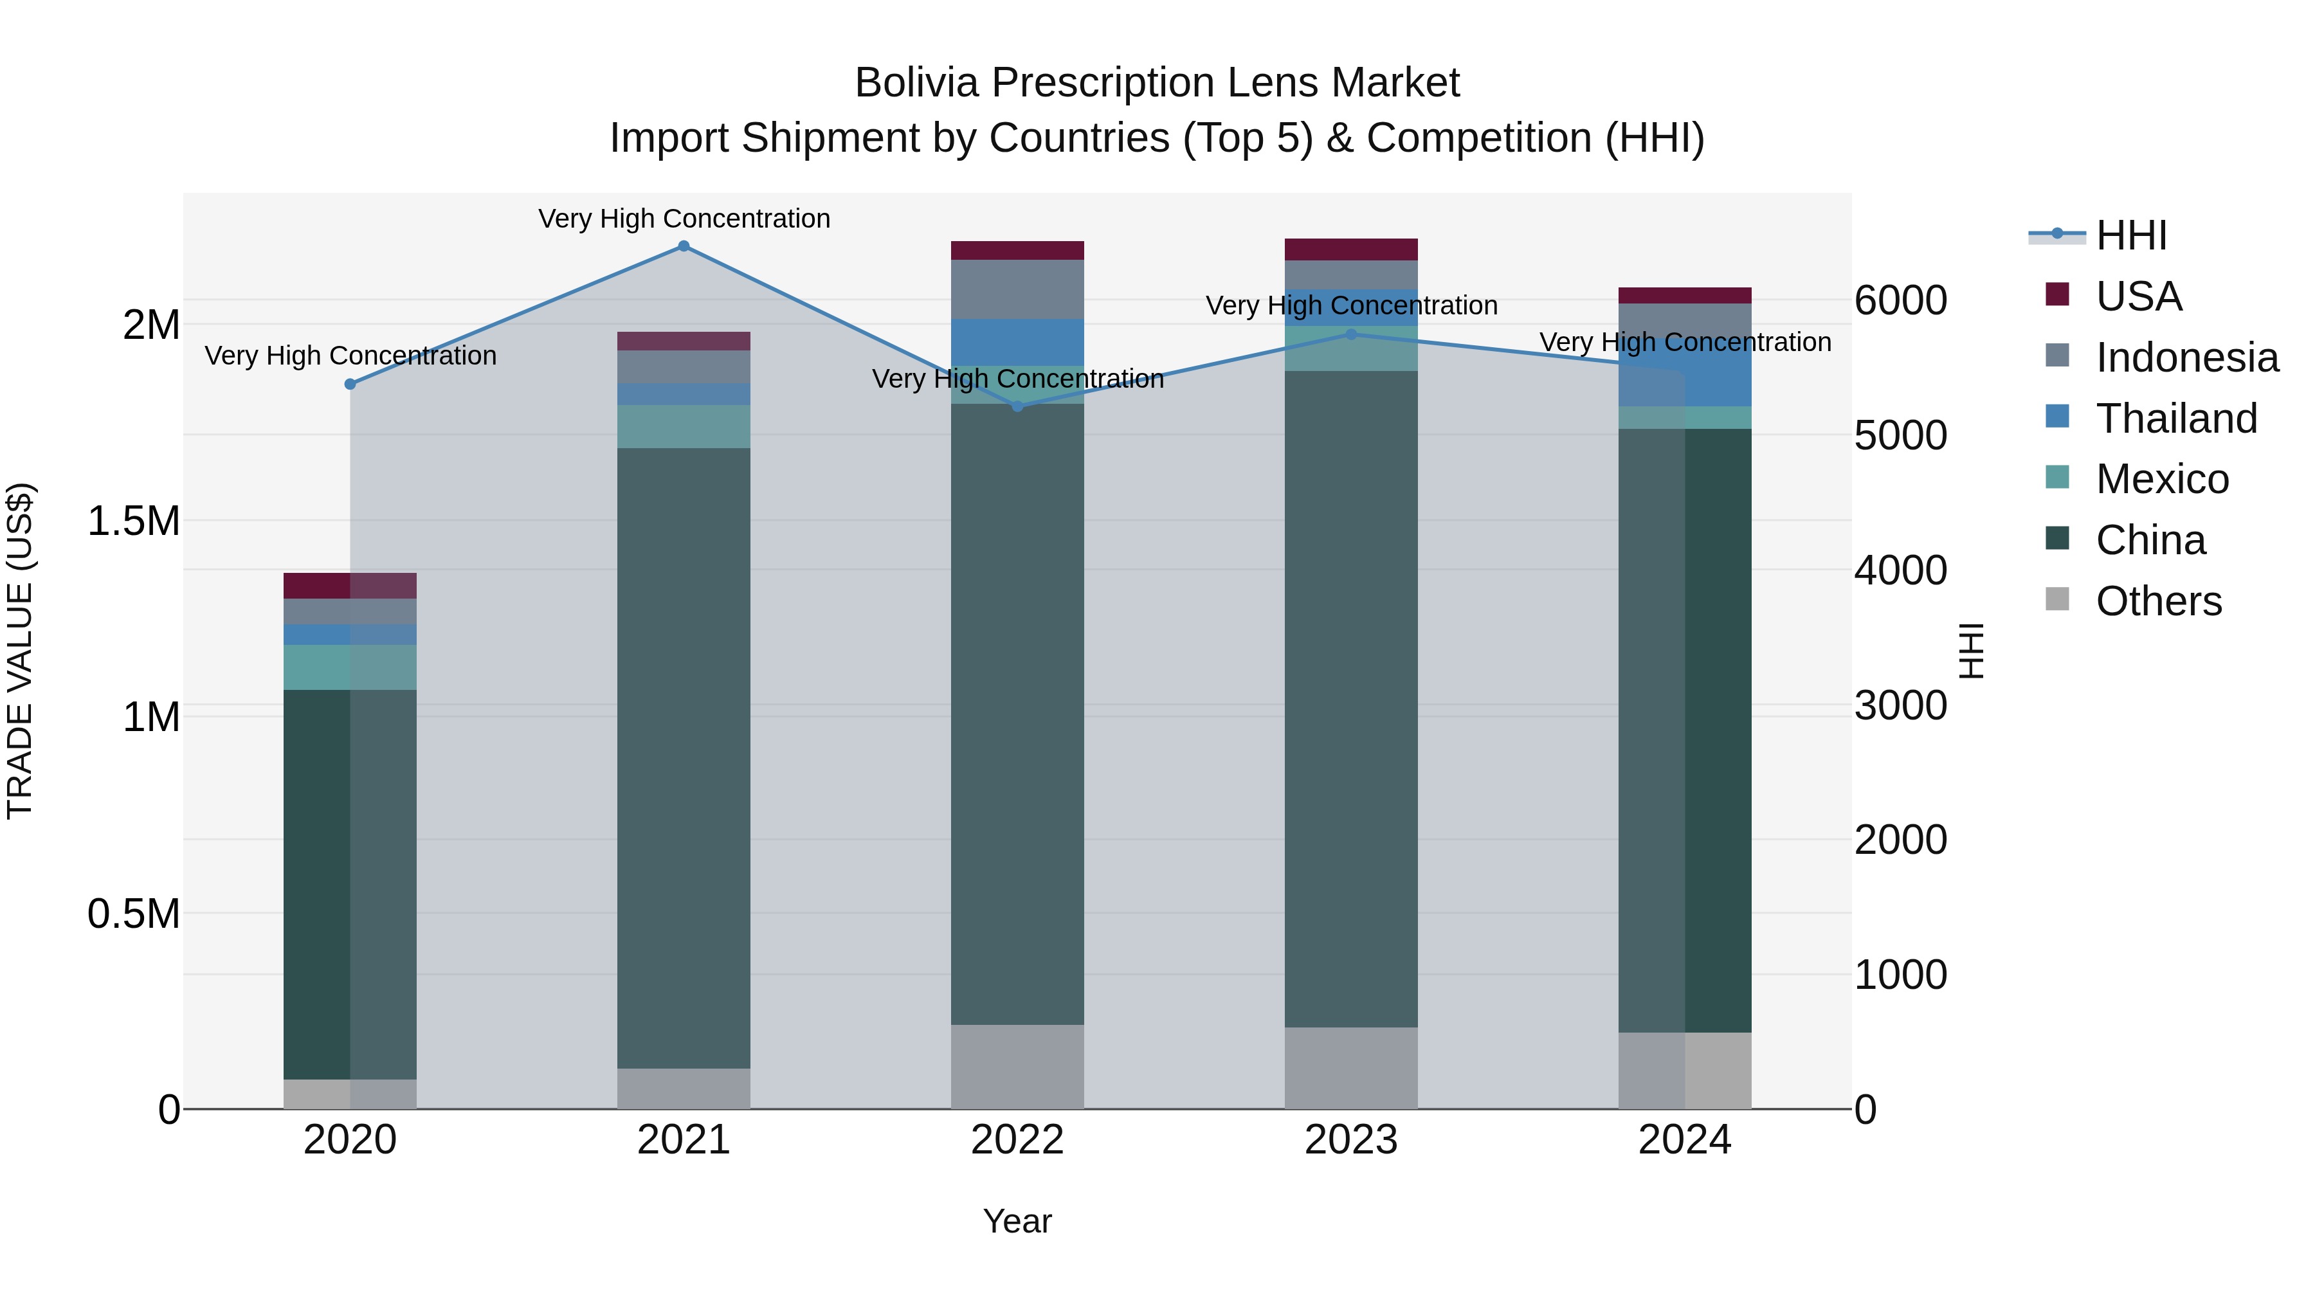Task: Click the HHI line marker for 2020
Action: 350,384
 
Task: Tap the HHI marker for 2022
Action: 1017,407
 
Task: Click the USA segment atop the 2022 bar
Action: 1017,250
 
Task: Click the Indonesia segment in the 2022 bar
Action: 1017,289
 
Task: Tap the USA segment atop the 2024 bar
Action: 1684,296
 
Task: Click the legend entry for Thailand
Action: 2175,419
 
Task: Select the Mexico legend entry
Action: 2161,479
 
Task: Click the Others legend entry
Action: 2157,601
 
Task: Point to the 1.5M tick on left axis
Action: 134,521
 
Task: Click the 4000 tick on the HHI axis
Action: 1900,570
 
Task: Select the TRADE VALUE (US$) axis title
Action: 20,651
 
